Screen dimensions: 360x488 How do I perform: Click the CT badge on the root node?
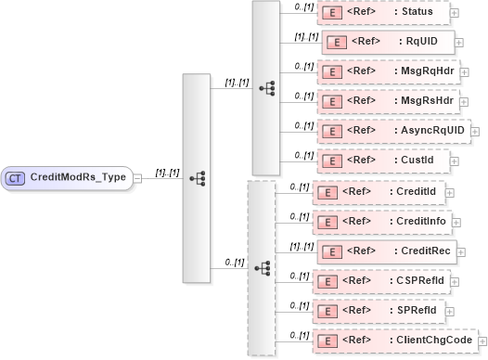click(16, 177)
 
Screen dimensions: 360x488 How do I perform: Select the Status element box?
click(381, 12)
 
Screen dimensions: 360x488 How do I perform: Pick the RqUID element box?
click(387, 42)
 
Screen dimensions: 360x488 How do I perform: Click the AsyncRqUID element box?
click(392, 130)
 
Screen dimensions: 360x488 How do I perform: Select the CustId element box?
click(382, 161)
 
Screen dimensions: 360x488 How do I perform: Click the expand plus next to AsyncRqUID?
click(476, 131)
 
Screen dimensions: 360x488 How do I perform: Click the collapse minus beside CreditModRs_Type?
click(137, 177)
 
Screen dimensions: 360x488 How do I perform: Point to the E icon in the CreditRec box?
click(327, 251)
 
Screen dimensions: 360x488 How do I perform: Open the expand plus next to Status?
click(454, 13)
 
